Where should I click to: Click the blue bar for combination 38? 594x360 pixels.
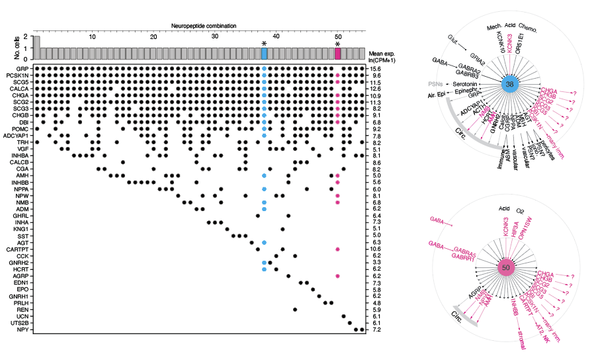pos(264,53)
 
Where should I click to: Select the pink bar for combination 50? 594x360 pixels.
pos(338,53)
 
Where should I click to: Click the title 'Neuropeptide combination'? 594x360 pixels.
pos(204,26)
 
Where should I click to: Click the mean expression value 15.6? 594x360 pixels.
pos(376,69)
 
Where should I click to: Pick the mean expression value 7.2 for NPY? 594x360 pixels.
pos(376,330)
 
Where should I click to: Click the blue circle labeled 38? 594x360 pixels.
pos(509,85)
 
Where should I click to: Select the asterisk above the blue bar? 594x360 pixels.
pos(264,44)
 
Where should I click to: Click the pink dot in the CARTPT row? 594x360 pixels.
pos(338,249)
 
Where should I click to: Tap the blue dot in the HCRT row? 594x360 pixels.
pos(264,269)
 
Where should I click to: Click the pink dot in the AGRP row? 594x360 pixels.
pos(338,276)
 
